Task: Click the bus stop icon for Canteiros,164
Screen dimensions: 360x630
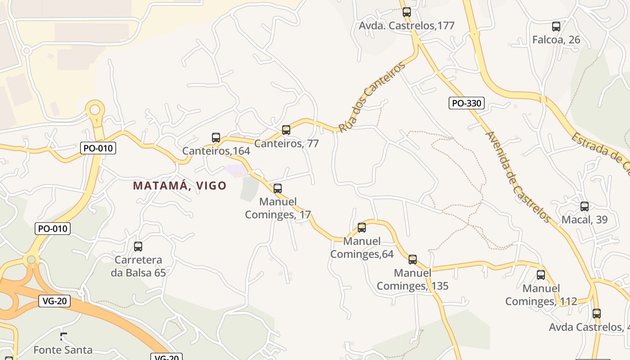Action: coord(216,138)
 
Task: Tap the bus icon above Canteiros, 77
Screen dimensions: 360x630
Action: coord(286,130)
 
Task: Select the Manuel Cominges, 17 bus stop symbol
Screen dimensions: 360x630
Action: coord(278,189)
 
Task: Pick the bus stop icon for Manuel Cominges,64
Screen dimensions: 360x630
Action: coord(362,228)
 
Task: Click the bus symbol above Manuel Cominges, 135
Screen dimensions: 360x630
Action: coord(413,260)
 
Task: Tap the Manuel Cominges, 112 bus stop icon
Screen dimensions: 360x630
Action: coord(541,275)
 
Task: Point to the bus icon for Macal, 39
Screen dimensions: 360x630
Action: coord(585,207)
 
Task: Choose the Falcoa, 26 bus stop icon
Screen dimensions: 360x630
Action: coord(556,27)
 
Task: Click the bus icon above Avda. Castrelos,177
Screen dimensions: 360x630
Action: coord(407,12)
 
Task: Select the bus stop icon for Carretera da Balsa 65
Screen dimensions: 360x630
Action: coord(138,247)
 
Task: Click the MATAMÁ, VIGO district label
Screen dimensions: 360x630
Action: coord(180,185)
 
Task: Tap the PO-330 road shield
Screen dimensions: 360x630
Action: coord(467,103)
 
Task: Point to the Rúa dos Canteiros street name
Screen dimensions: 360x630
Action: coord(371,97)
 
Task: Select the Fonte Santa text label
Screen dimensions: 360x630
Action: coord(63,350)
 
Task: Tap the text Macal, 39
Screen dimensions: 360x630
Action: coord(585,220)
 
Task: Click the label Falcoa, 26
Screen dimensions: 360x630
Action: coord(556,40)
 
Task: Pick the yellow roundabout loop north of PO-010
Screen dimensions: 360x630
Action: coord(95,109)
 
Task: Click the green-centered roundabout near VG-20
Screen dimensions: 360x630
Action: coord(31,259)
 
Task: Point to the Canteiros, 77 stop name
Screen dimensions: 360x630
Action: coord(287,144)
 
